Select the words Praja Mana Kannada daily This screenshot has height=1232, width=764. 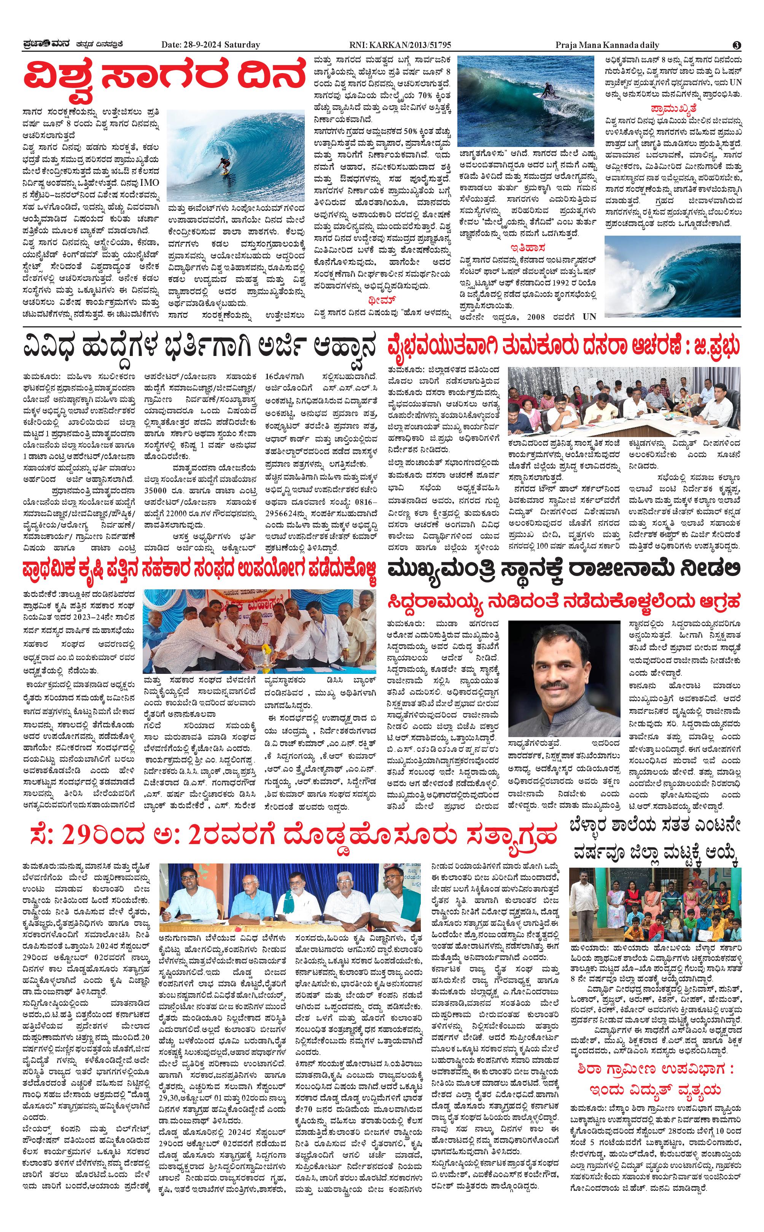pyautogui.click(x=607, y=45)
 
